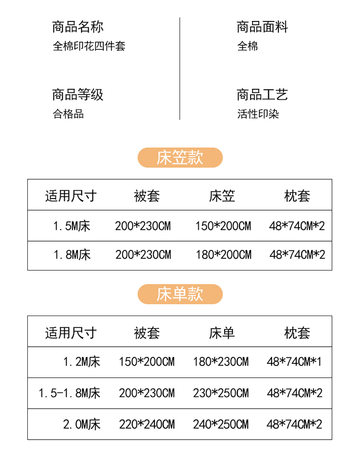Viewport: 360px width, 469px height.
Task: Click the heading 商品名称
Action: point(78,27)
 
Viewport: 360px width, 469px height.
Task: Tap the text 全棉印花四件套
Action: point(89,47)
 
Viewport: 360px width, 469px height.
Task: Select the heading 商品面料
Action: point(262,27)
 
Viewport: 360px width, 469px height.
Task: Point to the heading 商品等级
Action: point(78,94)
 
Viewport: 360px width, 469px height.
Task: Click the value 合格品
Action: point(68,114)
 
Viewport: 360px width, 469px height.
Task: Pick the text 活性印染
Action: point(258,114)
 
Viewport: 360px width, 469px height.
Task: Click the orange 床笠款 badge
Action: point(180,158)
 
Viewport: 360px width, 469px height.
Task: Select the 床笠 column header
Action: point(222,196)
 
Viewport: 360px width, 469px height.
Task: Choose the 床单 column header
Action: point(222,333)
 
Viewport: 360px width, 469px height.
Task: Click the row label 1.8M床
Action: point(72,255)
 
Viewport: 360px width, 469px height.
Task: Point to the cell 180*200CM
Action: point(223,255)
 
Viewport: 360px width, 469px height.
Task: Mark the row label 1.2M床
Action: point(82,362)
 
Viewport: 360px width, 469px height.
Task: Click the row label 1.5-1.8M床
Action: point(70,393)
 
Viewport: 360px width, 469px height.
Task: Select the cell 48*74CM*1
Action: point(294,362)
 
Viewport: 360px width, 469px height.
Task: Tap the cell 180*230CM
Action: point(221,362)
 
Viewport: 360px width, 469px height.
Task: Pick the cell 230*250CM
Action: point(221,393)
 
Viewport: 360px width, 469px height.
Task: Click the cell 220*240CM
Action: point(147,424)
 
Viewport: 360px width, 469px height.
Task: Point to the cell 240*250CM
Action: point(221,424)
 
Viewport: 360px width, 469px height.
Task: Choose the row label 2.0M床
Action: point(82,424)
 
